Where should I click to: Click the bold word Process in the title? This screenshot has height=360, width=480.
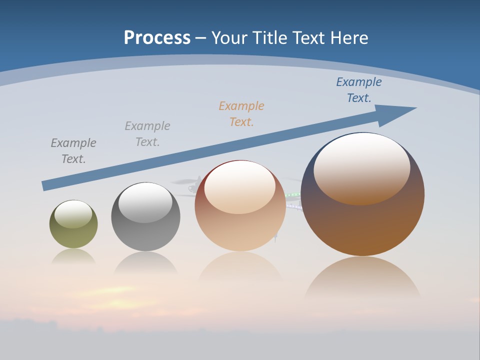[x=157, y=38]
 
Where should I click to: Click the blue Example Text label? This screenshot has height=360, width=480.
[x=358, y=90]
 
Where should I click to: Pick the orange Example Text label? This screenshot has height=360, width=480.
[x=241, y=113]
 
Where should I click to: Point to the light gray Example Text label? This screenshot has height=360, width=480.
[x=147, y=133]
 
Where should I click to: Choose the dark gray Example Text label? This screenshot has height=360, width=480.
[x=73, y=150]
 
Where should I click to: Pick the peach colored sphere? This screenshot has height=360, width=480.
[x=240, y=230]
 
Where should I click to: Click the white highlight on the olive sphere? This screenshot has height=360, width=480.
[x=73, y=214]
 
